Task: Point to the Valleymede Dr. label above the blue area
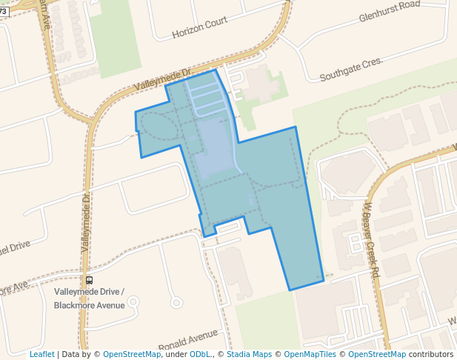(163, 80)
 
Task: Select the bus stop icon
(90, 280)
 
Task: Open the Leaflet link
(41, 354)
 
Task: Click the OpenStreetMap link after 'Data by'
(132, 354)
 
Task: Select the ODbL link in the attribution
(200, 354)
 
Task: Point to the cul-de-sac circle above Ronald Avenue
(176, 302)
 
